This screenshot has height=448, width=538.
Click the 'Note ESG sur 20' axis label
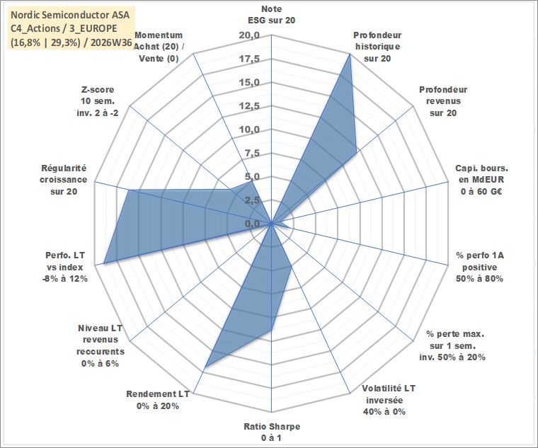pyautogui.click(x=271, y=14)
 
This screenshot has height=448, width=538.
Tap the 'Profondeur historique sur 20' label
pyautogui.click(x=377, y=47)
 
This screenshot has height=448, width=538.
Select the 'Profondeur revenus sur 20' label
pyautogui.click(x=443, y=101)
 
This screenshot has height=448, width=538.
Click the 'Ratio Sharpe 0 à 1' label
pyautogui.click(x=272, y=432)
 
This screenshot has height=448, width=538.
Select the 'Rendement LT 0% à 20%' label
pyautogui.click(x=158, y=400)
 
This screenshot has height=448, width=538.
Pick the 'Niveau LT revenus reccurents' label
pyautogui.click(x=101, y=345)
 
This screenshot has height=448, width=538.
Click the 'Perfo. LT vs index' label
pyautogui.click(x=65, y=267)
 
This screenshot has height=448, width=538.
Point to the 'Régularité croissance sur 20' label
pyautogui.click(x=64, y=180)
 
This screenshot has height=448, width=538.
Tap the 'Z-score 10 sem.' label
pyautogui.click(x=98, y=101)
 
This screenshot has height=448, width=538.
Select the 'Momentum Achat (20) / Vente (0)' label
pyautogui.click(x=159, y=47)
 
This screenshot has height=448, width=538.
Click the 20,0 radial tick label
pyautogui.click(x=249, y=35)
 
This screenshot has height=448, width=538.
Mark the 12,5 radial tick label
pyautogui.click(x=249, y=106)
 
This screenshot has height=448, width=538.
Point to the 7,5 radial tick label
pyautogui.click(x=252, y=154)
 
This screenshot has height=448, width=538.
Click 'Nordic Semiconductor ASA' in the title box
pyautogui.click(x=70, y=15)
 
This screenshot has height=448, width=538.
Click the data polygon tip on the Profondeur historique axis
pyautogui.click(x=350, y=54)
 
